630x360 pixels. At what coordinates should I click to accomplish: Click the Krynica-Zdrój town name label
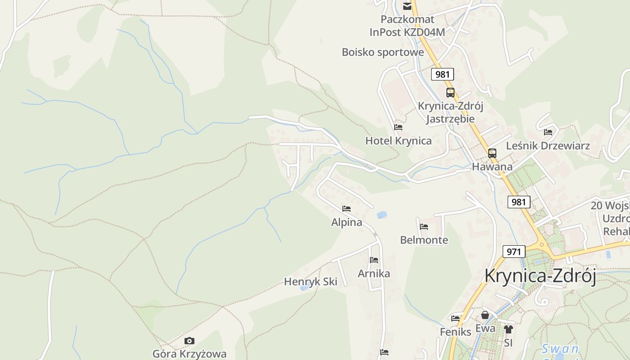coord(540,275)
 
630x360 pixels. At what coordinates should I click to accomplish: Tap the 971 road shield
coord(513,252)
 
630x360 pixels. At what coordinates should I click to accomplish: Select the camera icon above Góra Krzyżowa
coord(189,341)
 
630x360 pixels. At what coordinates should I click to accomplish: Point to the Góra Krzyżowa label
coord(189,354)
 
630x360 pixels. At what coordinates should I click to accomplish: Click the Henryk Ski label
coord(310,282)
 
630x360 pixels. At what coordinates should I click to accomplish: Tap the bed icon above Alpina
coord(346,209)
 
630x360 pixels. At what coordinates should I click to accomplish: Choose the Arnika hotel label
coord(374,274)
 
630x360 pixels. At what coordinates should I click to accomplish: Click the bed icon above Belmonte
coord(424,227)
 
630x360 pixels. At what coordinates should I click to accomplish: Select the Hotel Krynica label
coord(398,141)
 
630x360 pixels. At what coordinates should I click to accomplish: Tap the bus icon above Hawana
coord(492,153)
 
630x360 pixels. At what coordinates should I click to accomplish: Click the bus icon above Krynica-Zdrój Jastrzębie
coord(450,93)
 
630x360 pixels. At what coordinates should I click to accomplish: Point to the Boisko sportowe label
coord(383,52)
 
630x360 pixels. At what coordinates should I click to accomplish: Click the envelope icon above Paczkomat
coord(407,6)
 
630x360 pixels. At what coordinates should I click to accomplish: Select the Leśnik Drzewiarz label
coord(548,146)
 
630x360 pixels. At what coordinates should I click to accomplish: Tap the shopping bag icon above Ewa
coord(485,315)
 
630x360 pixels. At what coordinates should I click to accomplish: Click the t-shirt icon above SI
coord(508,329)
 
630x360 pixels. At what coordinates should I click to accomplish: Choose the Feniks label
coord(455,332)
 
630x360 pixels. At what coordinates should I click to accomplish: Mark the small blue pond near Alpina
coord(382,215)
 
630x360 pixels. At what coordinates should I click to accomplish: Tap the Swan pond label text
coord(560,349)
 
